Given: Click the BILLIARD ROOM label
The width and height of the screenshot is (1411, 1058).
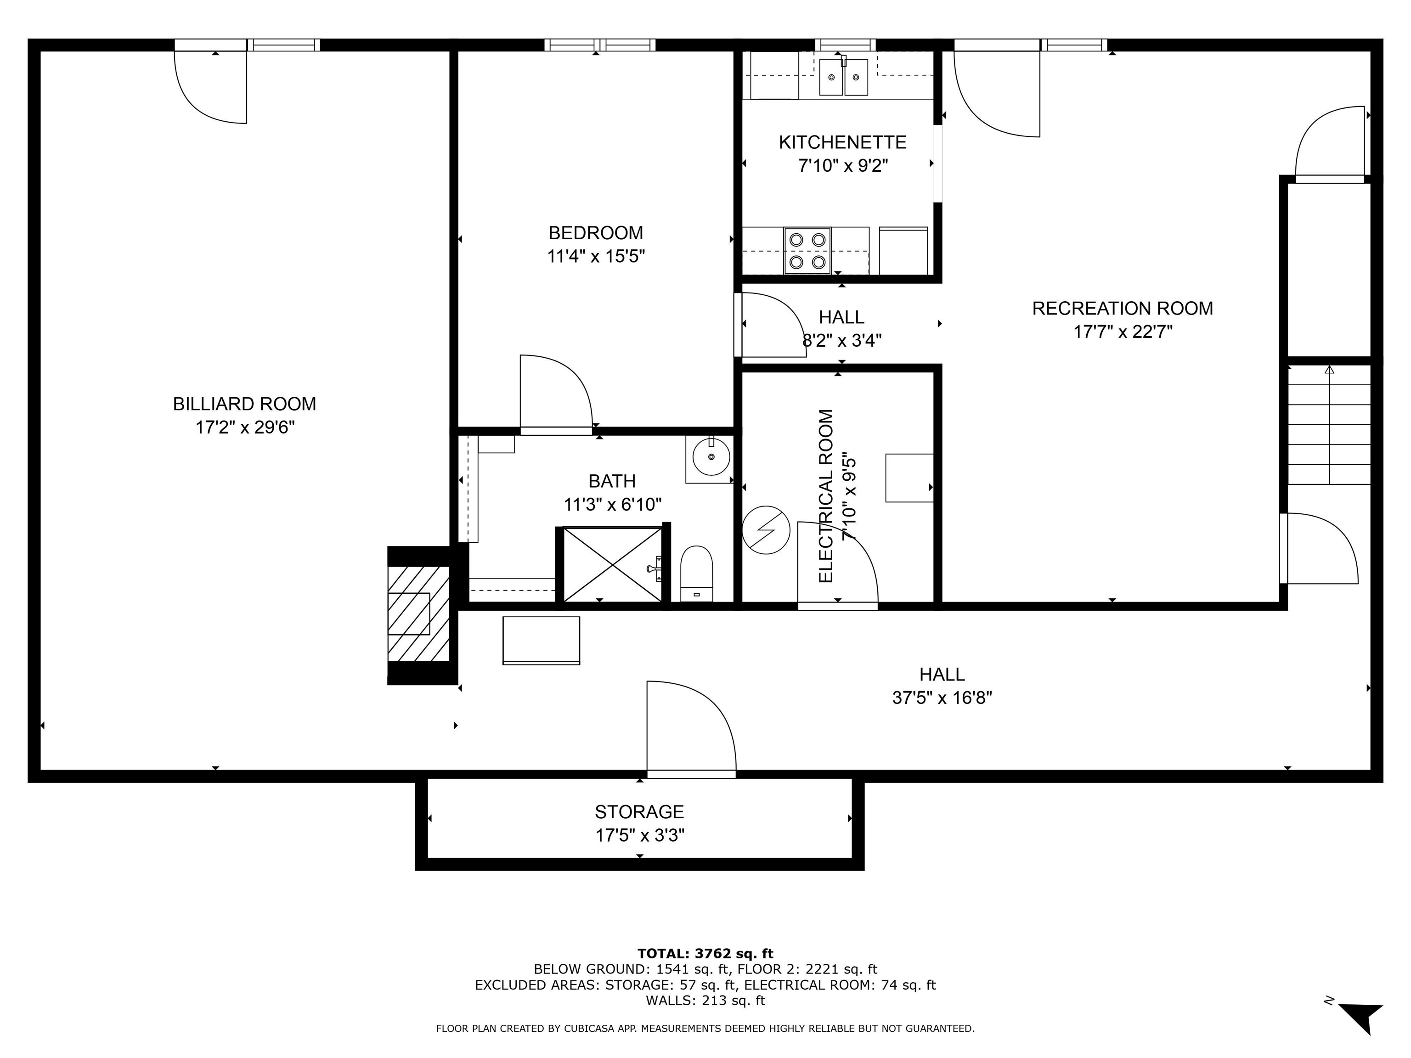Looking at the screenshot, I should (x=244, y=404).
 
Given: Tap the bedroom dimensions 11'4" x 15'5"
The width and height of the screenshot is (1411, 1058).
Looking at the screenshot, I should (x=596, y=256).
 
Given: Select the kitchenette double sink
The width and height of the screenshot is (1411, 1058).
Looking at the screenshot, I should (x=843, y=77).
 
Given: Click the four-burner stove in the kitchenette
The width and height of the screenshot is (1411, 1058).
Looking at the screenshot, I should (x=807, y=251).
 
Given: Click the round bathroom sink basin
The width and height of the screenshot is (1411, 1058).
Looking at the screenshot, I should (x=711, y=457).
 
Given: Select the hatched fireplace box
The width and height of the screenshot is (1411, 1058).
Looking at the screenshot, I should (x=418, y=613).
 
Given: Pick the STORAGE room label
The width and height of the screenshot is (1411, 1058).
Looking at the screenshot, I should (x=639, y=812).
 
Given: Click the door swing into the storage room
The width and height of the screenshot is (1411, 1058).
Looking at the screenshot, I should (x=690, y=727).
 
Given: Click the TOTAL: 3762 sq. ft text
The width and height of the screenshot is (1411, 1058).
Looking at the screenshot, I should (x=705, y=953).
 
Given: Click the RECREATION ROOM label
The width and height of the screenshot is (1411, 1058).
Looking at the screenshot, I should (x=1122, y=309).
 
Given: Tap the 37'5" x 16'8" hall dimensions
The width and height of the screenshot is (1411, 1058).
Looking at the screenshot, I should (x=942, y=698).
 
